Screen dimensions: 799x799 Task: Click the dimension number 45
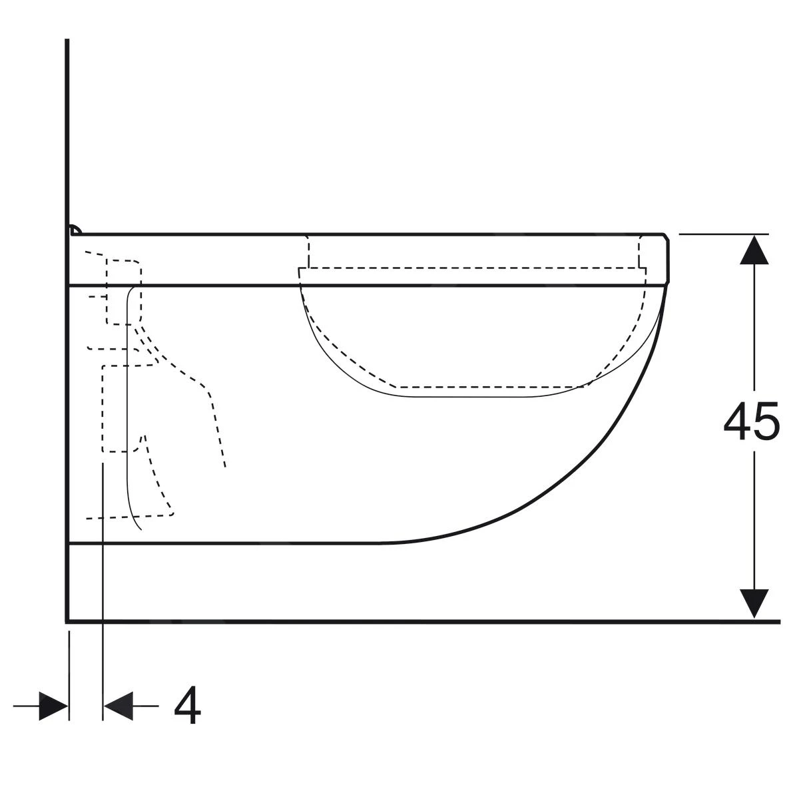(751, 421)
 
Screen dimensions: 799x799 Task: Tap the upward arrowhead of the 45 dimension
(754, 250)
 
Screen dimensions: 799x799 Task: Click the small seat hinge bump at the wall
(75, 230)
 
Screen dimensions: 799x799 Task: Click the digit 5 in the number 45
(766, 421)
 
